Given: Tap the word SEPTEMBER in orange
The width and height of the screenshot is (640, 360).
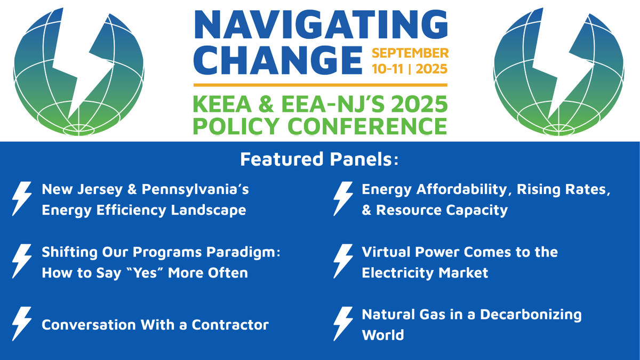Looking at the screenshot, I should tap(410, 53).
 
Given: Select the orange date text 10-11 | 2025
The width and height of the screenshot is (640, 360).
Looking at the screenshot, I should tap(410, 69).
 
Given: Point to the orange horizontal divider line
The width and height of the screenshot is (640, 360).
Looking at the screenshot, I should tap(320, 85).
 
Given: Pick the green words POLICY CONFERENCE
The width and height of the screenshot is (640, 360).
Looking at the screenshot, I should tap(320, 126).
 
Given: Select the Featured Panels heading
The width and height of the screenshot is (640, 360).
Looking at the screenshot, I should tap(320, 159).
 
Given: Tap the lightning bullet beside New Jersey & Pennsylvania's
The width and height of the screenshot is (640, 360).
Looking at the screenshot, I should tap(22, 199).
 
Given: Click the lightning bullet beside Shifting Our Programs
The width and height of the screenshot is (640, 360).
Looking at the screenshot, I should tap(22, 262).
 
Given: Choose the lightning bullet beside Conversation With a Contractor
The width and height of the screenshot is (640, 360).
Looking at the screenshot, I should tap(22, 324).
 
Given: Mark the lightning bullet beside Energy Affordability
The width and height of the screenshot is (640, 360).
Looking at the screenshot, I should tap(343, 199).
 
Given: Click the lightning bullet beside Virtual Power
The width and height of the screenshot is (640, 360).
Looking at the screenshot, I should tap(343, 262).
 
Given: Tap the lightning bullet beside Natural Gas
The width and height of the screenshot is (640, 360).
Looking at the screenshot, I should tap(343, 324).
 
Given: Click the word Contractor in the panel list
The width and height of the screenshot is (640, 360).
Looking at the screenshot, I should tap(231, 324).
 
